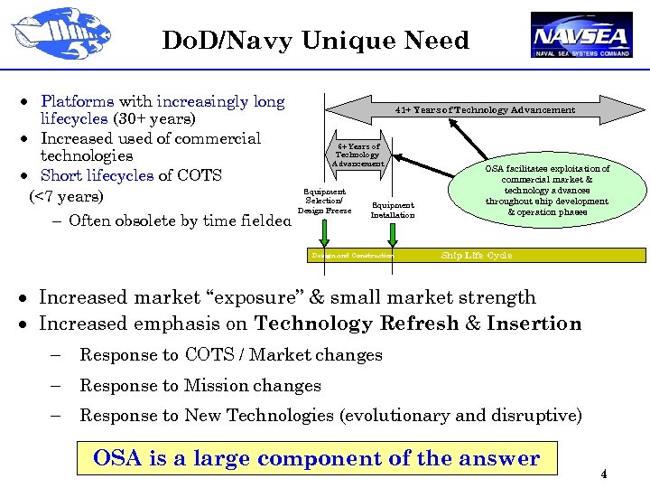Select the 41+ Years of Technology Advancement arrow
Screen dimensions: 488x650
click(x=484, y=109)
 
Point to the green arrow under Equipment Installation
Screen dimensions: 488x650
click(x=393, y=234)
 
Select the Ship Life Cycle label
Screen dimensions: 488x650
click(x=476, y=256)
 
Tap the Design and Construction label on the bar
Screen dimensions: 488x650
click(x=352, y=256)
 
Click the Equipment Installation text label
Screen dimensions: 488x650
click(x=393, y=210)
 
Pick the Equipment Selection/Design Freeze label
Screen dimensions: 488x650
click(x=324, y=202)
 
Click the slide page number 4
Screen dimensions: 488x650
click(x=604, y=475)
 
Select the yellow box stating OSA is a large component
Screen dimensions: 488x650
click(x=316, y=458)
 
